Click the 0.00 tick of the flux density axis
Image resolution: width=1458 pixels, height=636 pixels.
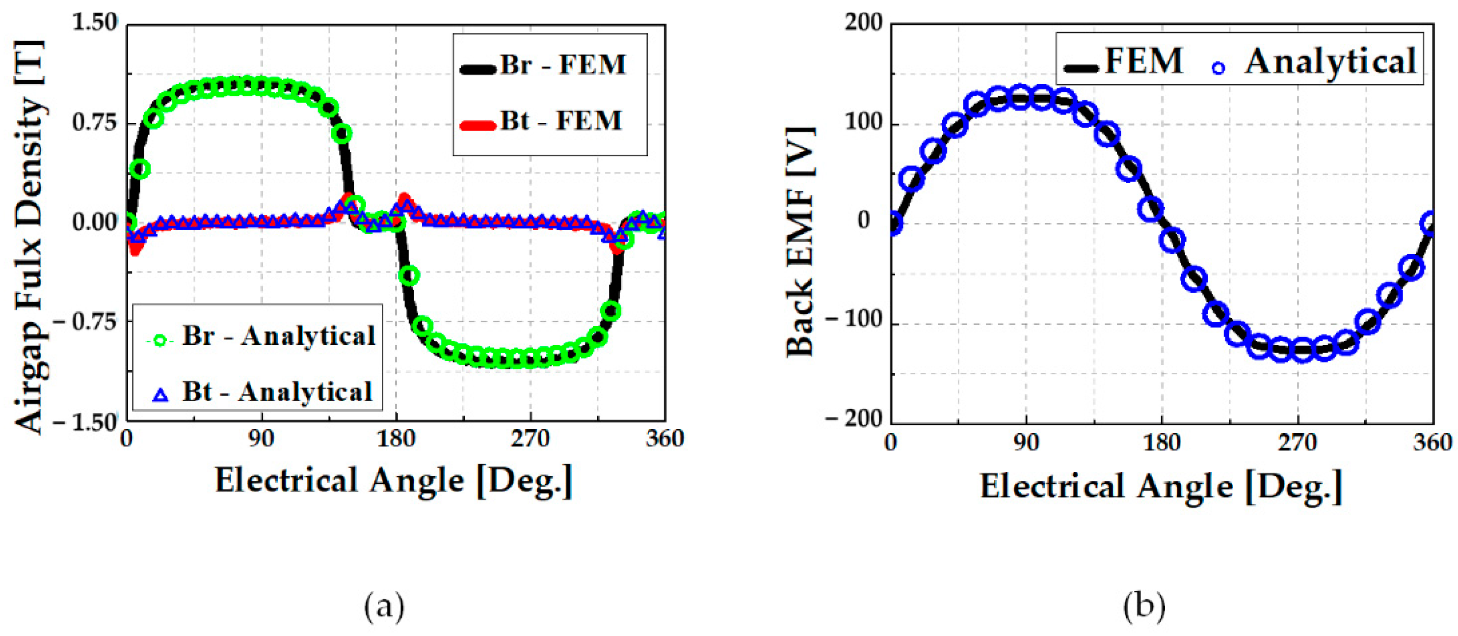(x=95, y=222)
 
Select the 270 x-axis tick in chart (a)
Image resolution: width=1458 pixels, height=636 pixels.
(x=530, y=439)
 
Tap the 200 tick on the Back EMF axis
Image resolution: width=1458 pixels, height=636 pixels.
(x=864, y=23)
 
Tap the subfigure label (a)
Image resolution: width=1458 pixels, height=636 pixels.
(x=384, y=607)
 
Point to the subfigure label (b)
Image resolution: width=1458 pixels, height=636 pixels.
(x=1144, y=607)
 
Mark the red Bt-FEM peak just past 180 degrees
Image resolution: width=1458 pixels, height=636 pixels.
(x=404, y=200)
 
